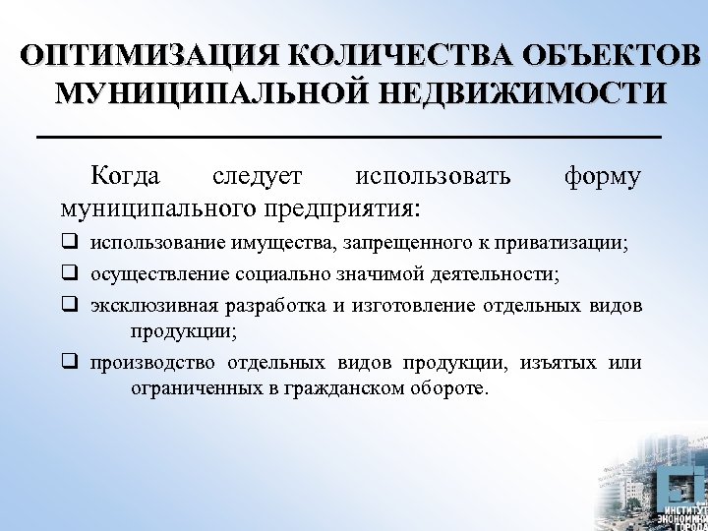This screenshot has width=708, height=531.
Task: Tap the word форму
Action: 602,176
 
